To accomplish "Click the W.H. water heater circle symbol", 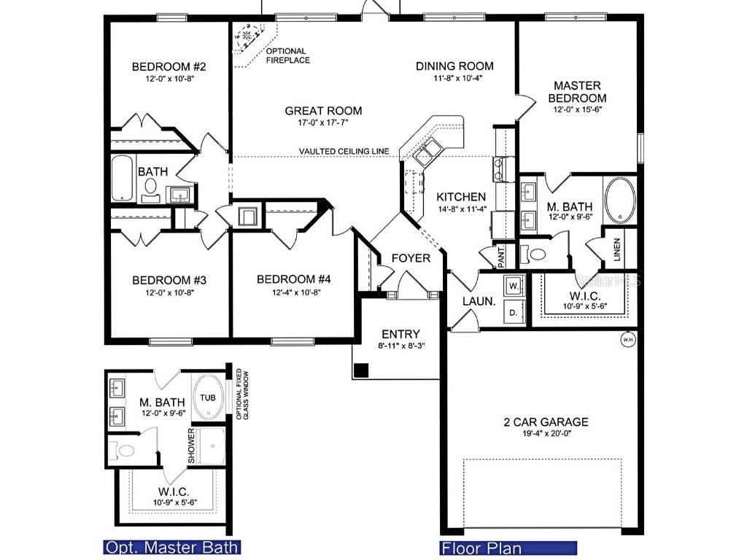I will click(x=627, y=339).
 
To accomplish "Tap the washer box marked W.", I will click(x=514, y=286).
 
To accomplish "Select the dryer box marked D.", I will click(x=513, y=313).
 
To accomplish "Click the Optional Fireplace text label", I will click(x=287, y=55).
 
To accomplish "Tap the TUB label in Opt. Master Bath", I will click(x=208, y=399).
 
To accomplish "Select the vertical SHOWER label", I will click(x=192, y=446).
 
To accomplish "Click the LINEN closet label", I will click(x=617, y=249).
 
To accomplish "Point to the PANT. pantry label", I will click(x=502, y=257).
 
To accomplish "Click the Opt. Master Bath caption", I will click(x=171, y=548).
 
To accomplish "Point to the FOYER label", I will click(x=411, y=258).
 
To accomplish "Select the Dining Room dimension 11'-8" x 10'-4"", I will click(x=454, y=78).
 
